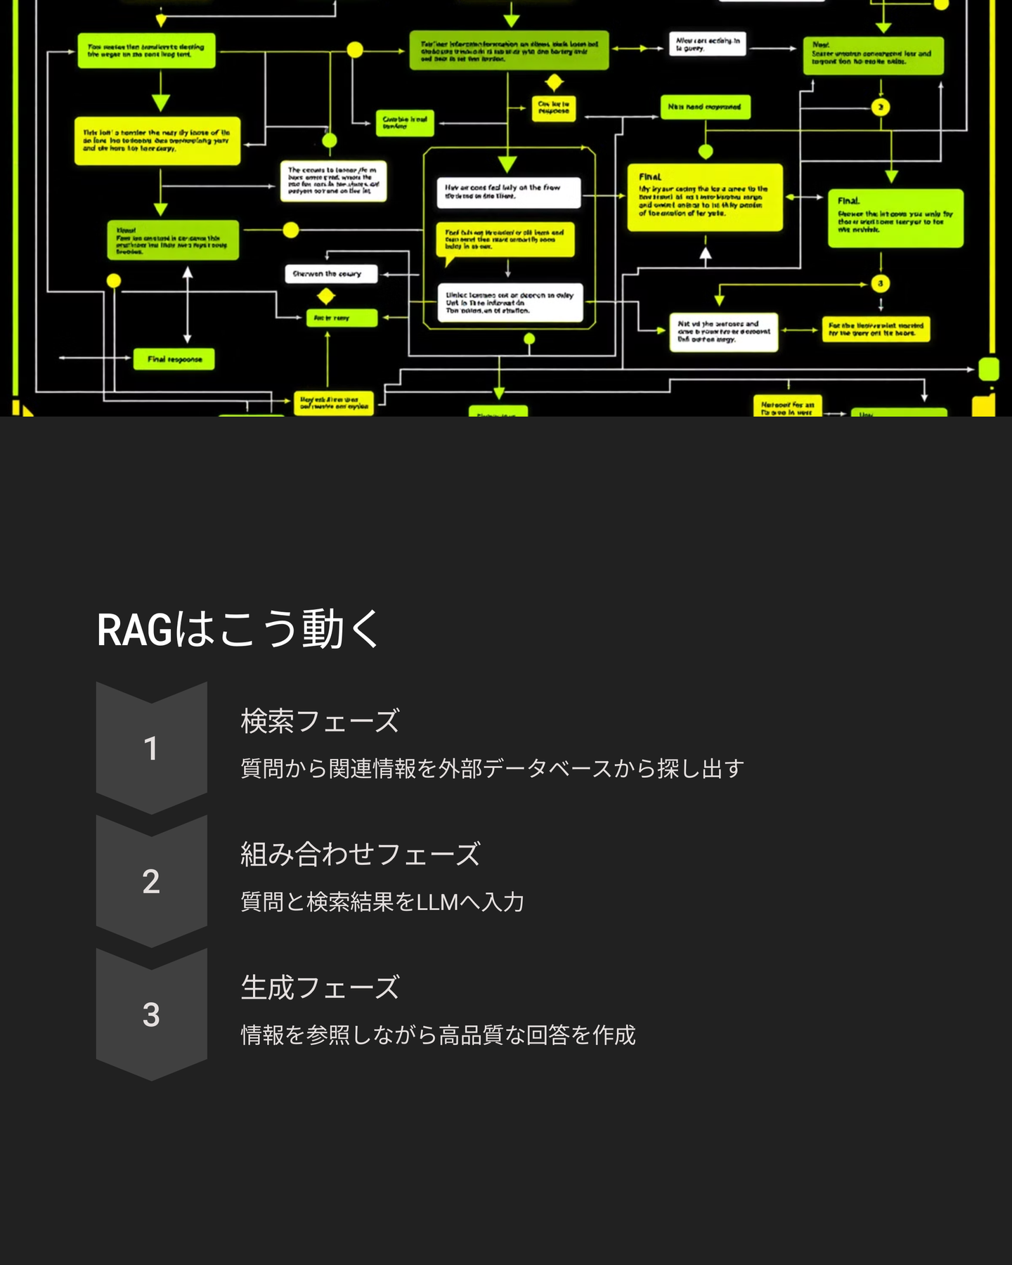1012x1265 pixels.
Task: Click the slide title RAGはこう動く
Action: [238, 628]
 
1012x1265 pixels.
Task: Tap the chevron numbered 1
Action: [151, 748]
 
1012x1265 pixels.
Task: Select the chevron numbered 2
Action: [151, 881]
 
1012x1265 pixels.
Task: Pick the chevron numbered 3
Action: [151, 1014]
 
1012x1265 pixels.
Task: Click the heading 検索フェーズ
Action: [320, 721]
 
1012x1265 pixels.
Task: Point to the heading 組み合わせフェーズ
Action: [360, 855]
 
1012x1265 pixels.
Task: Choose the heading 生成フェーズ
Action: [320, 987]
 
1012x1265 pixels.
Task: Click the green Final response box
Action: [174, 359]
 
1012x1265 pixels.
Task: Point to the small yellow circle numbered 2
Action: [881, 107]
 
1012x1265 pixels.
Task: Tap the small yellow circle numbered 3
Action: [881, 283]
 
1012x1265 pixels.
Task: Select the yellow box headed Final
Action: [704, 197]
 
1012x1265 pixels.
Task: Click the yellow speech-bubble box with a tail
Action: [505, 240]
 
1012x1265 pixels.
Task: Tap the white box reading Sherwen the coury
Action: [330, 273]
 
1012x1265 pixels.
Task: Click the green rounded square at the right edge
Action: [989, 369]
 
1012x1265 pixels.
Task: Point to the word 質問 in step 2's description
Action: [262, 902]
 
